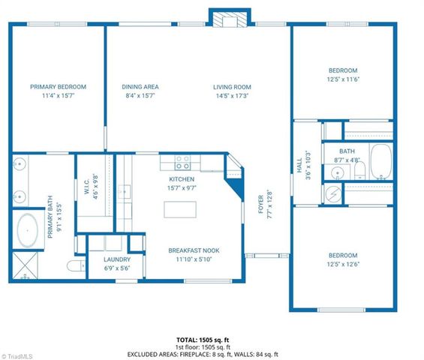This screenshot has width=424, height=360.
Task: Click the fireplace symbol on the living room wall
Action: pos(221,19)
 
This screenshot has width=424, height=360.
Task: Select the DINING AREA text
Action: pos(140,87)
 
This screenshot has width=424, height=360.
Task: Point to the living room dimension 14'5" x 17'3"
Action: pos(232,96)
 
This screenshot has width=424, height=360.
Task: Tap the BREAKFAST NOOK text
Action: pos(193,250)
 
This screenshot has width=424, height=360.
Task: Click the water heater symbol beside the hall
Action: pos(333,193)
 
